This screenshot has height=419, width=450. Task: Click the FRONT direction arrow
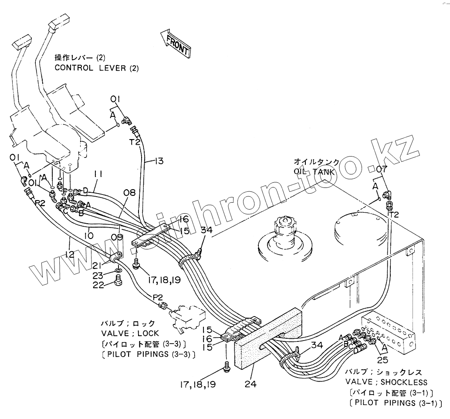[175, 43]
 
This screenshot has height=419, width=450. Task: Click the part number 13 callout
[159, 161]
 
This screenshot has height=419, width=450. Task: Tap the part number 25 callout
[382, 360]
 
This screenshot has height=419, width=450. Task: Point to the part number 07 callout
[382, 168]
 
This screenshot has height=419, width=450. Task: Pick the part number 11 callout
[98, 174]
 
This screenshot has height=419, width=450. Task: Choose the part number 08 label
[129, 192]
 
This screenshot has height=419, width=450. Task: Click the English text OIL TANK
[314, 172]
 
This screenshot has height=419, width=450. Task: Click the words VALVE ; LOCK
[128, 334]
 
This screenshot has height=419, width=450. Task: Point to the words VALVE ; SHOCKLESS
[386, 382]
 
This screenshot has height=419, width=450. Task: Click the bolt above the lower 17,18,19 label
[226, 366]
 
